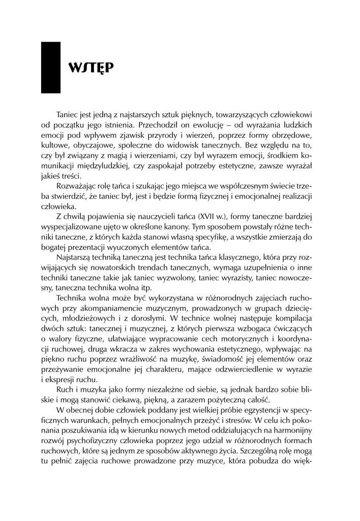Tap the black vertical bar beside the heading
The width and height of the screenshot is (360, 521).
(50, 68)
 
